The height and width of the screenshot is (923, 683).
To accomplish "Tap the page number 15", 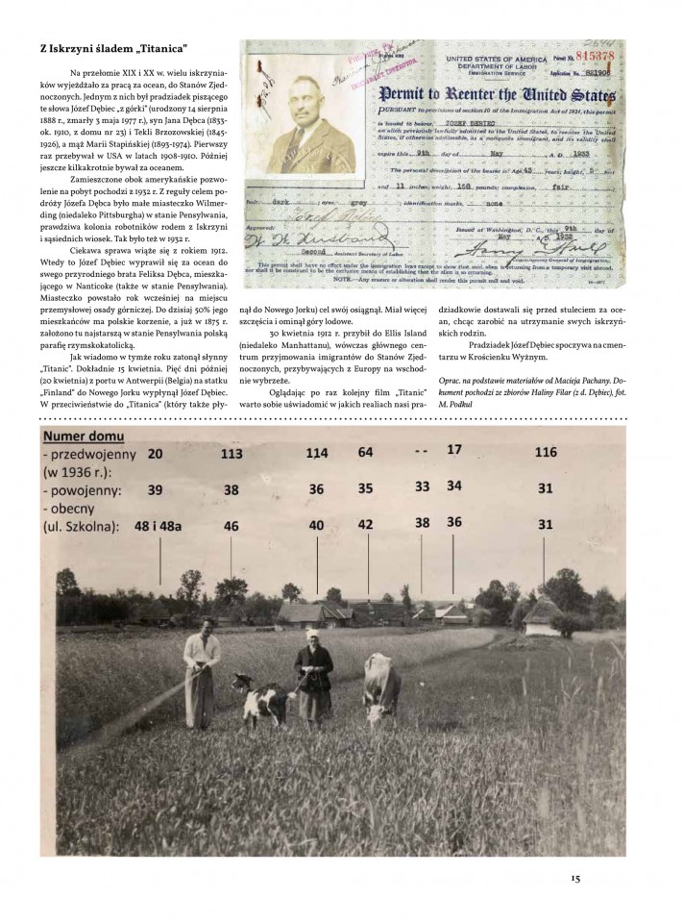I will tap(574, 877).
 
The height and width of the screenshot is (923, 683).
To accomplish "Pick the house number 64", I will tap(366, 451).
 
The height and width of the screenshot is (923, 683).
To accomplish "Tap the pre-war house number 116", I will tap(546, 452).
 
